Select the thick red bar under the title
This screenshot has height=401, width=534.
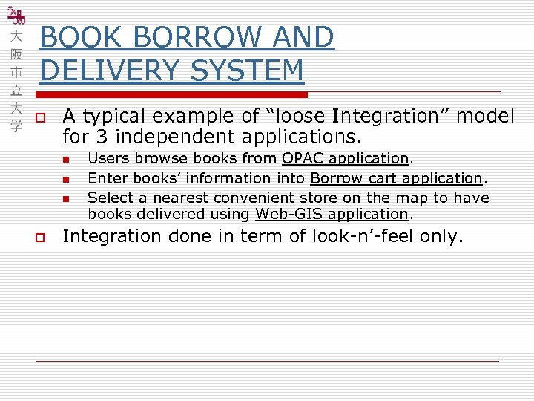click(172, 94)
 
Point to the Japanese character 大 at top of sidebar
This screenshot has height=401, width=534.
click(16, 36)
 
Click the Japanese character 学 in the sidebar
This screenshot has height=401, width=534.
click(16, 125)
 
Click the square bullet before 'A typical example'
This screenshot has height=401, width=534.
click(42, 117)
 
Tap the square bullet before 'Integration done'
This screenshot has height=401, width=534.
click(42, 238)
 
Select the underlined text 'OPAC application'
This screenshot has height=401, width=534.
click(345, 158)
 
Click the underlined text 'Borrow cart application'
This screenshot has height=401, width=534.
click(396, 178)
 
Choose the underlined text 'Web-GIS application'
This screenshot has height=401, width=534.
click(332, 214)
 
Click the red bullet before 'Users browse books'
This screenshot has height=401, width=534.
click(66, 159)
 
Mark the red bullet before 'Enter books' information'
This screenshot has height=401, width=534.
click(66, 179)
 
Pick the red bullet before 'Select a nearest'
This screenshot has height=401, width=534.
click(66, 198)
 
